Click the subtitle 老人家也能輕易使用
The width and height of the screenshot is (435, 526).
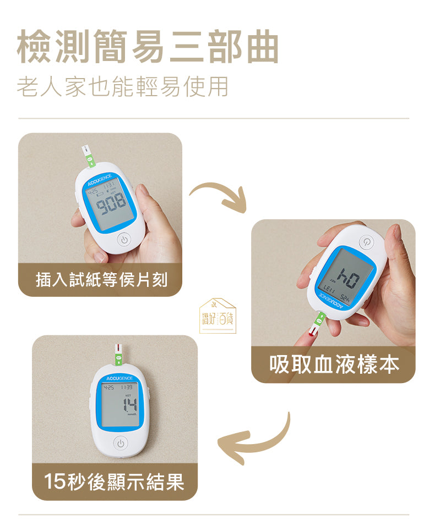pos(122,87)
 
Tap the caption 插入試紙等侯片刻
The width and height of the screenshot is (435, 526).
pos(101,280)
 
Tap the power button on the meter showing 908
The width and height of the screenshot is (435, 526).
pos(124,240)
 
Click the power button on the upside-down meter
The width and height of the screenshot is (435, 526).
pos(367,242)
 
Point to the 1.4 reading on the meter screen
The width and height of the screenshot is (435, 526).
pos(130,406)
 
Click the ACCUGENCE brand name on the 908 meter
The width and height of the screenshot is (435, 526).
pos(100,183)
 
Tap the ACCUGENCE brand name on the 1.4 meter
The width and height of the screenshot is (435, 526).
pos(119,379)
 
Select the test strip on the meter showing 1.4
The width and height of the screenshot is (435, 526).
pos(118,353)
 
